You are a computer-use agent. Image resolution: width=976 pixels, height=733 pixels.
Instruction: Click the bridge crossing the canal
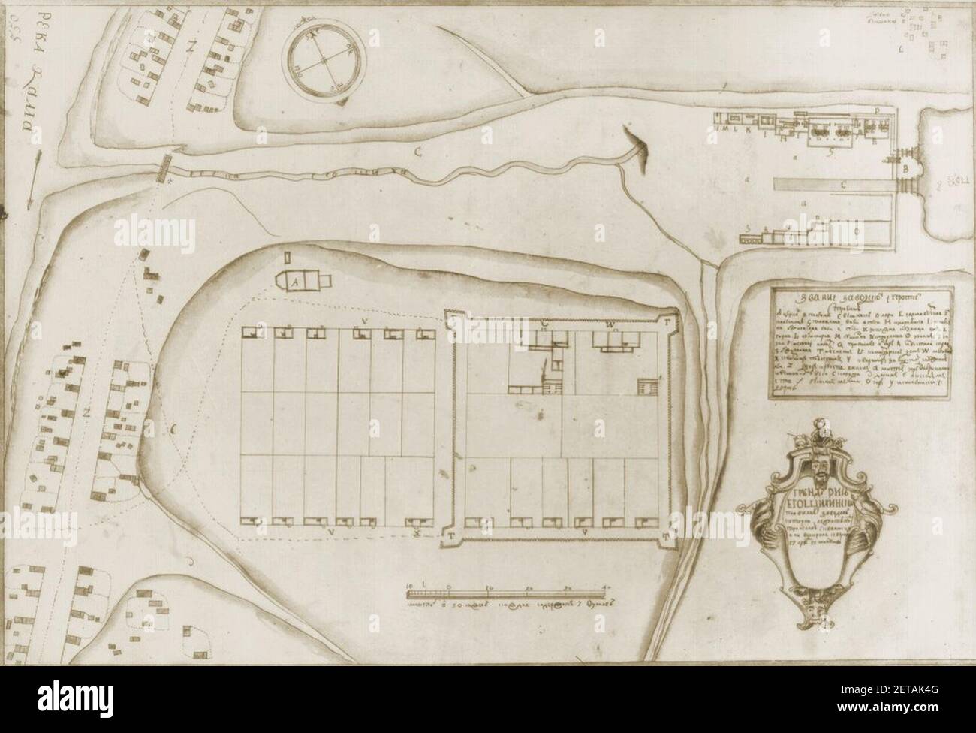point(163,169)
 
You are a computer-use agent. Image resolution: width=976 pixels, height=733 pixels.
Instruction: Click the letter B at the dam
point(904,169)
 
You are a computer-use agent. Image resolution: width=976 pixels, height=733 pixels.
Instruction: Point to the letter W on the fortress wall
point(610,324)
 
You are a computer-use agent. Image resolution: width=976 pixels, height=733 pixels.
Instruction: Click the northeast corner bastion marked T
point(665,320)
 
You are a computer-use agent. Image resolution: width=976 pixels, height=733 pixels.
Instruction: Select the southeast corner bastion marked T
point(667,535)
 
